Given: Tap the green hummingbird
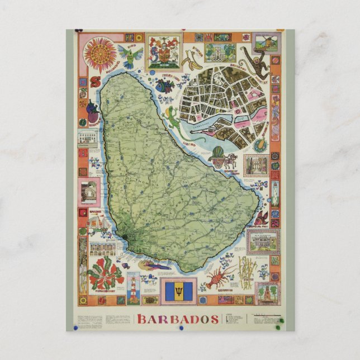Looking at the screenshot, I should tap(129, 56).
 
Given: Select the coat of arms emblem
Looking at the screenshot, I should tap(164, 54).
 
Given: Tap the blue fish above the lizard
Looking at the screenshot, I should tap(165, 87).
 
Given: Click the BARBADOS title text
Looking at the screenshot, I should tap(177, 320).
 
